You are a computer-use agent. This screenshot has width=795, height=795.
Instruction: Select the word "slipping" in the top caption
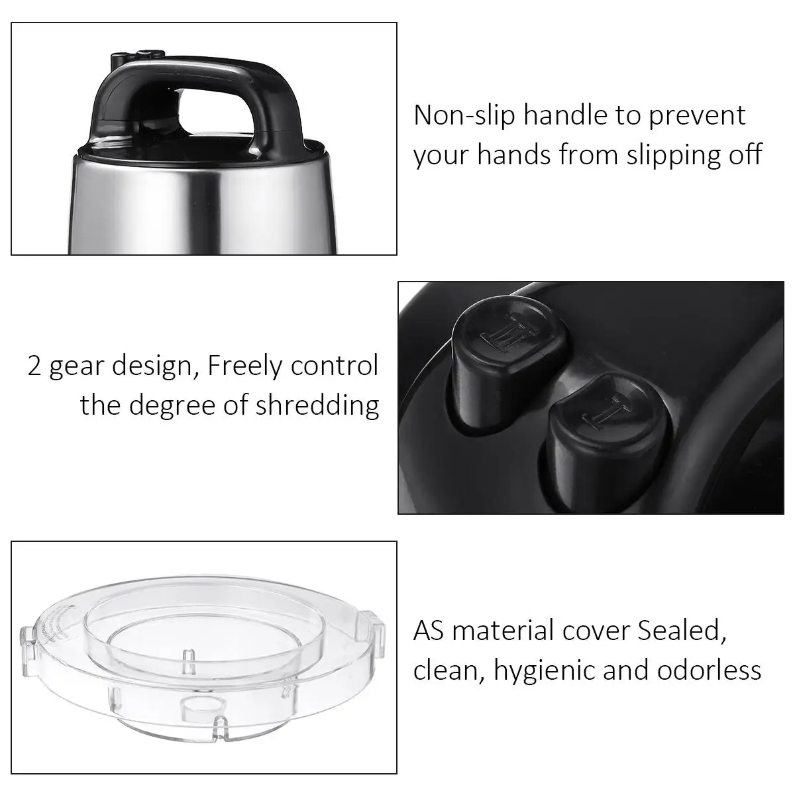(668, 155)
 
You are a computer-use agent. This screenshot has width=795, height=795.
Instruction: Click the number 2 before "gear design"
(34, 366)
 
